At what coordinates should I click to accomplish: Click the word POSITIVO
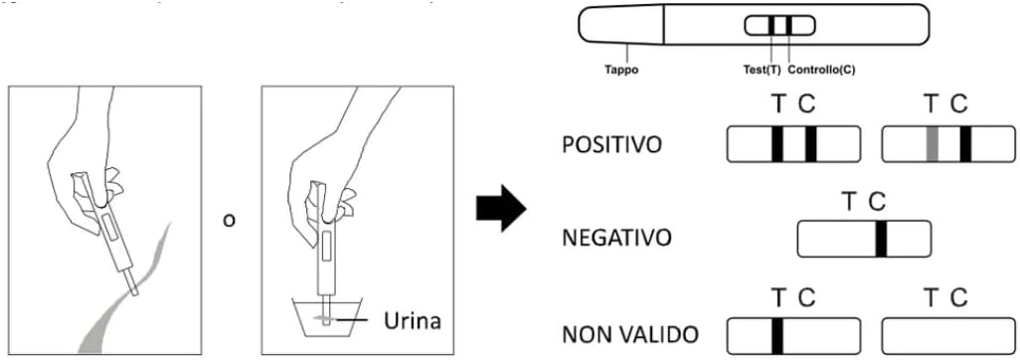[611, 144]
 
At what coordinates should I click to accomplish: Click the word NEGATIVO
[616, 239]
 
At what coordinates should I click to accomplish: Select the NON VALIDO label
[629, 335]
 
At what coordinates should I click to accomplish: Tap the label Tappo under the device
[621, 70]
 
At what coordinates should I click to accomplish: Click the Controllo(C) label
[821, 70]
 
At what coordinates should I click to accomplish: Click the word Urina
[412, 320]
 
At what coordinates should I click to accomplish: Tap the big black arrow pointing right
[501, 208]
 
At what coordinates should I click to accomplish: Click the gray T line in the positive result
[933, 144]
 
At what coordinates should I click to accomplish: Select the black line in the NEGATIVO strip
[881, 239]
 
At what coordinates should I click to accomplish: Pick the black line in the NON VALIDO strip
[777, 335]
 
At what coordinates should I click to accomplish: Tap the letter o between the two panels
[229, 220]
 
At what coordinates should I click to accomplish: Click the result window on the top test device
[779, 26]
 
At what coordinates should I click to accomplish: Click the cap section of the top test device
[621, 25]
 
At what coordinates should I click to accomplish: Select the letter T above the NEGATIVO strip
[848, 202]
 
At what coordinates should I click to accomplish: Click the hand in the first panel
[85, 169]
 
